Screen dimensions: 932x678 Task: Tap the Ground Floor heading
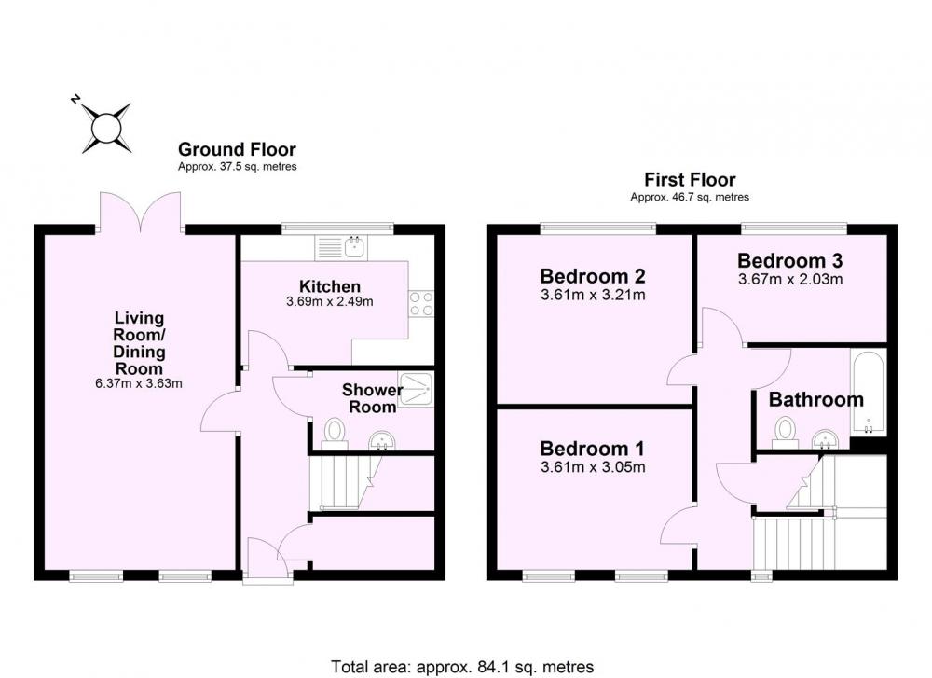[237, 149]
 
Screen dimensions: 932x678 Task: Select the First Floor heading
[690, 180]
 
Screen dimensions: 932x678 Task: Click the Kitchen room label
[330, 286]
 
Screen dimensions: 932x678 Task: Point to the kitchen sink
[342, 247]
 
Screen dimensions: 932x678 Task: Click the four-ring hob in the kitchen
[421, 303]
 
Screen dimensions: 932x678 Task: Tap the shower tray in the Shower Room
[417, 390]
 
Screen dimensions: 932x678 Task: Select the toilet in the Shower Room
[334, 435]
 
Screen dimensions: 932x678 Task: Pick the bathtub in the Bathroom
[869, 393]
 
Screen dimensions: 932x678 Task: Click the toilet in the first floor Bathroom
[786, 433]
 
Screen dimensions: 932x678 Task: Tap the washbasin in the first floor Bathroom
[825, 439]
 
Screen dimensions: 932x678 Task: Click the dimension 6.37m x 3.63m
[139, 383]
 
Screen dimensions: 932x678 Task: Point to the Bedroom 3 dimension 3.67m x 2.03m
[790, 279]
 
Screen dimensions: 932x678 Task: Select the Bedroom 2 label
[593, 276]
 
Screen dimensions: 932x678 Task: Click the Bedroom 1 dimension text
[593, 467]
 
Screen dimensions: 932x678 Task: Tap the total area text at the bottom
[462, 667]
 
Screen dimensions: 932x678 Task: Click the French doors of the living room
[141, 213]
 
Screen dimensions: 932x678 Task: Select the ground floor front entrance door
[267, 559]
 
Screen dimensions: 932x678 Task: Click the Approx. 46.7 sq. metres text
[690, 197]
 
